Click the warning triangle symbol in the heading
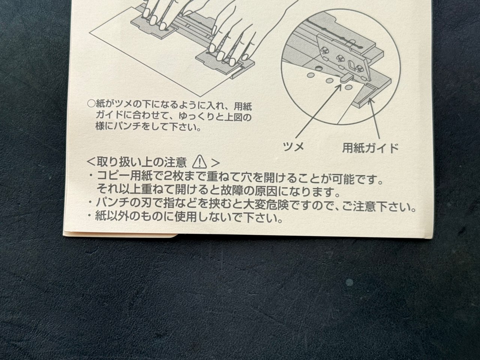click(199, 162)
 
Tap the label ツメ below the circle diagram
click(294, 147)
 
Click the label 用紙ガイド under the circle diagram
click(370, 148)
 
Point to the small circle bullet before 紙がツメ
click(90, 102)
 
